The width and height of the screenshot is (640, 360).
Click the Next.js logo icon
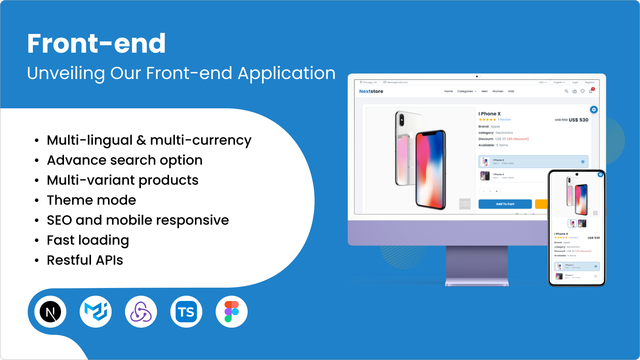point(50,312)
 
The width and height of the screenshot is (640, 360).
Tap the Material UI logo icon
point(96,312)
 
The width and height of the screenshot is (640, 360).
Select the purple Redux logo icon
point(141,312)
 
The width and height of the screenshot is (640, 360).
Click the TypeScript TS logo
point(186,312)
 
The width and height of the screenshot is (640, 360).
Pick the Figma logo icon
point(232,312)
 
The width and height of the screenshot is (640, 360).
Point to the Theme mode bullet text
point(91,200)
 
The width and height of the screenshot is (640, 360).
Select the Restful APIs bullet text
point(85,260)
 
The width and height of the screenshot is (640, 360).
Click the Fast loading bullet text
point(88,240)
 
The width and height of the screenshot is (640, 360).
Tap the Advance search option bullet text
point(125,160)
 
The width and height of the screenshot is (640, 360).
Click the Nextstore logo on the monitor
point(371,91)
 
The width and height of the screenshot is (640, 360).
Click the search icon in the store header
point(566,91)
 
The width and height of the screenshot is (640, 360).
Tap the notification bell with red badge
point(591,91)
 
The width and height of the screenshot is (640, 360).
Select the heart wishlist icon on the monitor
point(583,91)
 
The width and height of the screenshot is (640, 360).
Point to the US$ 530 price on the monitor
point(578,120)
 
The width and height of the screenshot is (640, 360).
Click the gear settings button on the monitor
point(594,110)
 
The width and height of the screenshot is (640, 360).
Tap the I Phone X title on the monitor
point(490,114)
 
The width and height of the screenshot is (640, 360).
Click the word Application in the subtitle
point(286,73)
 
